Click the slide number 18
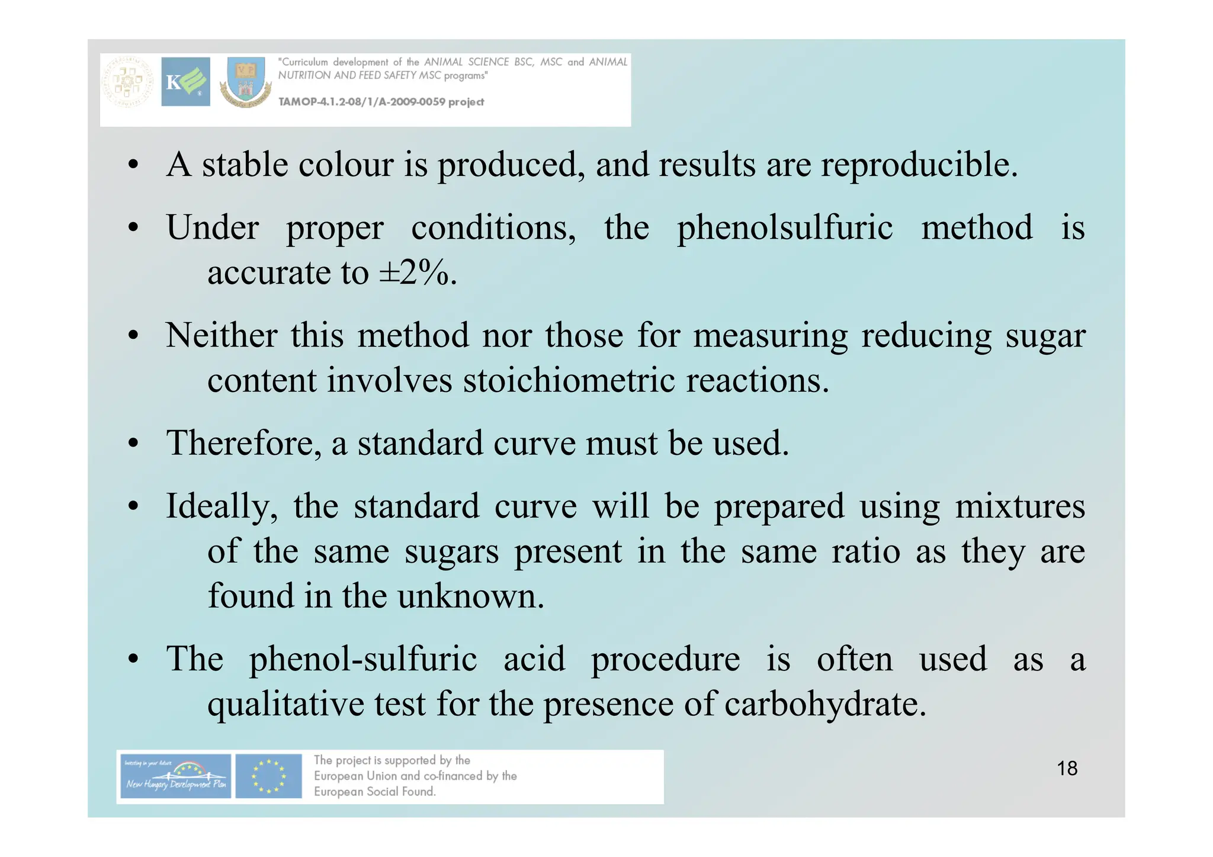click(1067, 768)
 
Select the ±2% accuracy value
click(417, 273)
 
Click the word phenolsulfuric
click(784, 228)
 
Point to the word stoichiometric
click(569, 380)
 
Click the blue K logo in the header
click(185, 82)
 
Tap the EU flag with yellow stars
click(268, 776)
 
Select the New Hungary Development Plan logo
click(174, 776)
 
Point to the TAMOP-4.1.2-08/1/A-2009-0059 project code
click(381, 102)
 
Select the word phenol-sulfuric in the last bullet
click(362, 659)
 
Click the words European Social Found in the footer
click(374, 792)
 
